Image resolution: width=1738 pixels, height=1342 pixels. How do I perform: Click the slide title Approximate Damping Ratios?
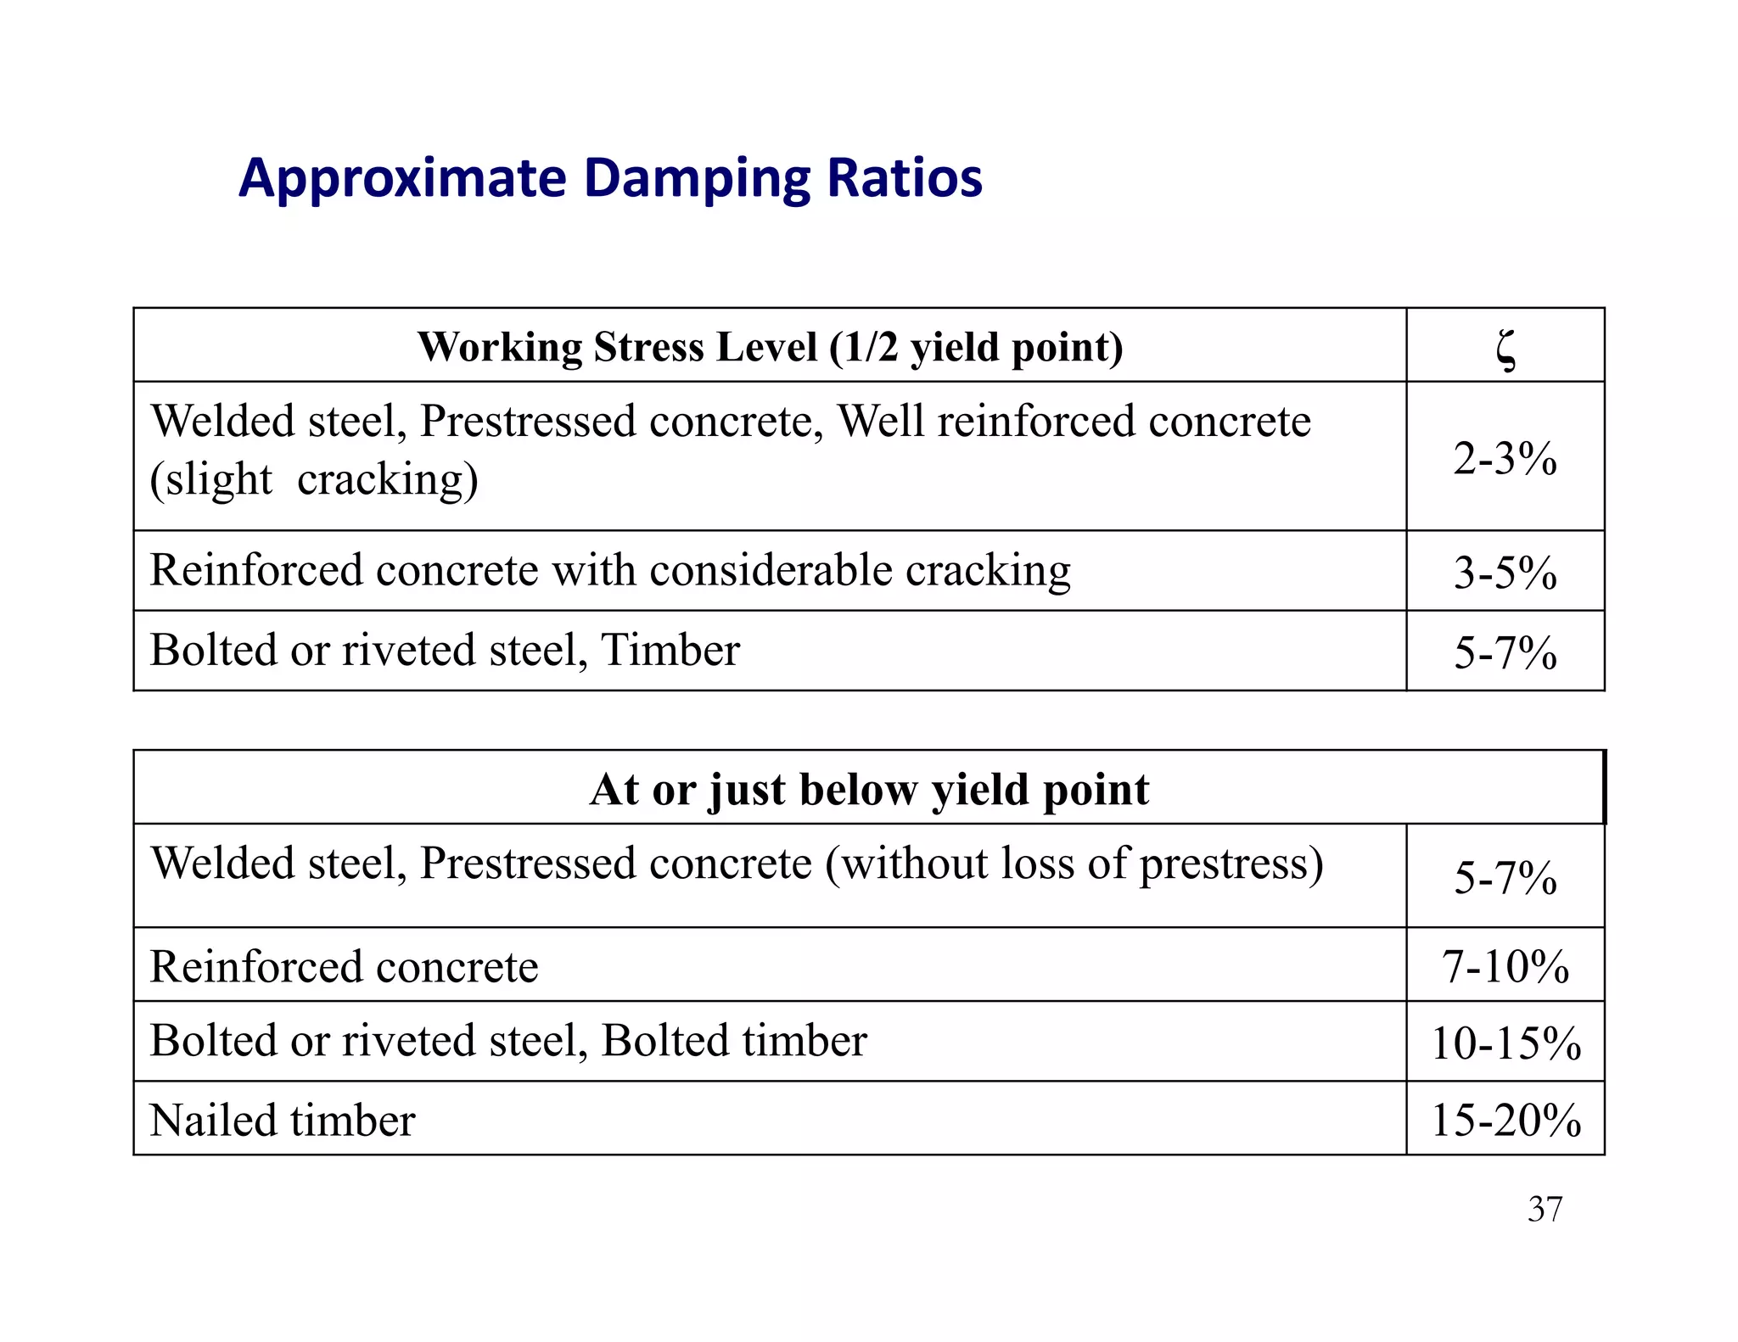pos(610,178)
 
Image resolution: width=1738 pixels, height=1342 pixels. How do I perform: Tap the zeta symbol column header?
pos(1505,349)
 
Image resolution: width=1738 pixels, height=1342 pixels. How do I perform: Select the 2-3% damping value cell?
pos(1505,458)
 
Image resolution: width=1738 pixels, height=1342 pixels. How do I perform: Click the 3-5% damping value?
pos(1505,572)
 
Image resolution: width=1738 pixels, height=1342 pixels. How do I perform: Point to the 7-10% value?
pos(1505,966)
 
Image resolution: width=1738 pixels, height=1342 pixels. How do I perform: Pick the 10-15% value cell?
pos(1505,1043)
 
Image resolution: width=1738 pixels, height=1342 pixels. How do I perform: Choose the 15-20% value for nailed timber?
pos(1505,1120)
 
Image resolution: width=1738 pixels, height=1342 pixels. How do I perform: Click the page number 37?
pos(1545,1209)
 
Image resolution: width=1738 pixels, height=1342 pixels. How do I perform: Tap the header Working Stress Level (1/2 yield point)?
pos(770,347)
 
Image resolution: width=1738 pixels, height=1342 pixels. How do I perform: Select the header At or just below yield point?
pos(869,789)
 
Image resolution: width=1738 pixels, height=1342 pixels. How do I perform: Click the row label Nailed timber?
pos(283,1120)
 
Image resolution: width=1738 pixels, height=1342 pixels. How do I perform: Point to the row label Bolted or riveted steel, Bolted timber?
pos(508,1041)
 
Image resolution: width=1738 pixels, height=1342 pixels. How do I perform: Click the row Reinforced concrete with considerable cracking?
pos(609,570)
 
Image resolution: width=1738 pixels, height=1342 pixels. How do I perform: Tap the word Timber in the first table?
pos(670,651)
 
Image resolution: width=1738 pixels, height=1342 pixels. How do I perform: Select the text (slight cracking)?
pos(314,479)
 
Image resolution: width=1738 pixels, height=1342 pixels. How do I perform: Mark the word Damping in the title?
pos(697,178)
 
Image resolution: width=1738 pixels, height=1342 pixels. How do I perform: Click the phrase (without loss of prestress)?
pos(1074,864)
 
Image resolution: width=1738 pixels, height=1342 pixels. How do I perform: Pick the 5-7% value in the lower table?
pos(1505,877)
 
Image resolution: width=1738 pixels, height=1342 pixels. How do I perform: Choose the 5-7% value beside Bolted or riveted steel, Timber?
pos(1505,652)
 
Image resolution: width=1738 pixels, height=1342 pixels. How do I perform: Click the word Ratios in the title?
pos(905,178)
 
